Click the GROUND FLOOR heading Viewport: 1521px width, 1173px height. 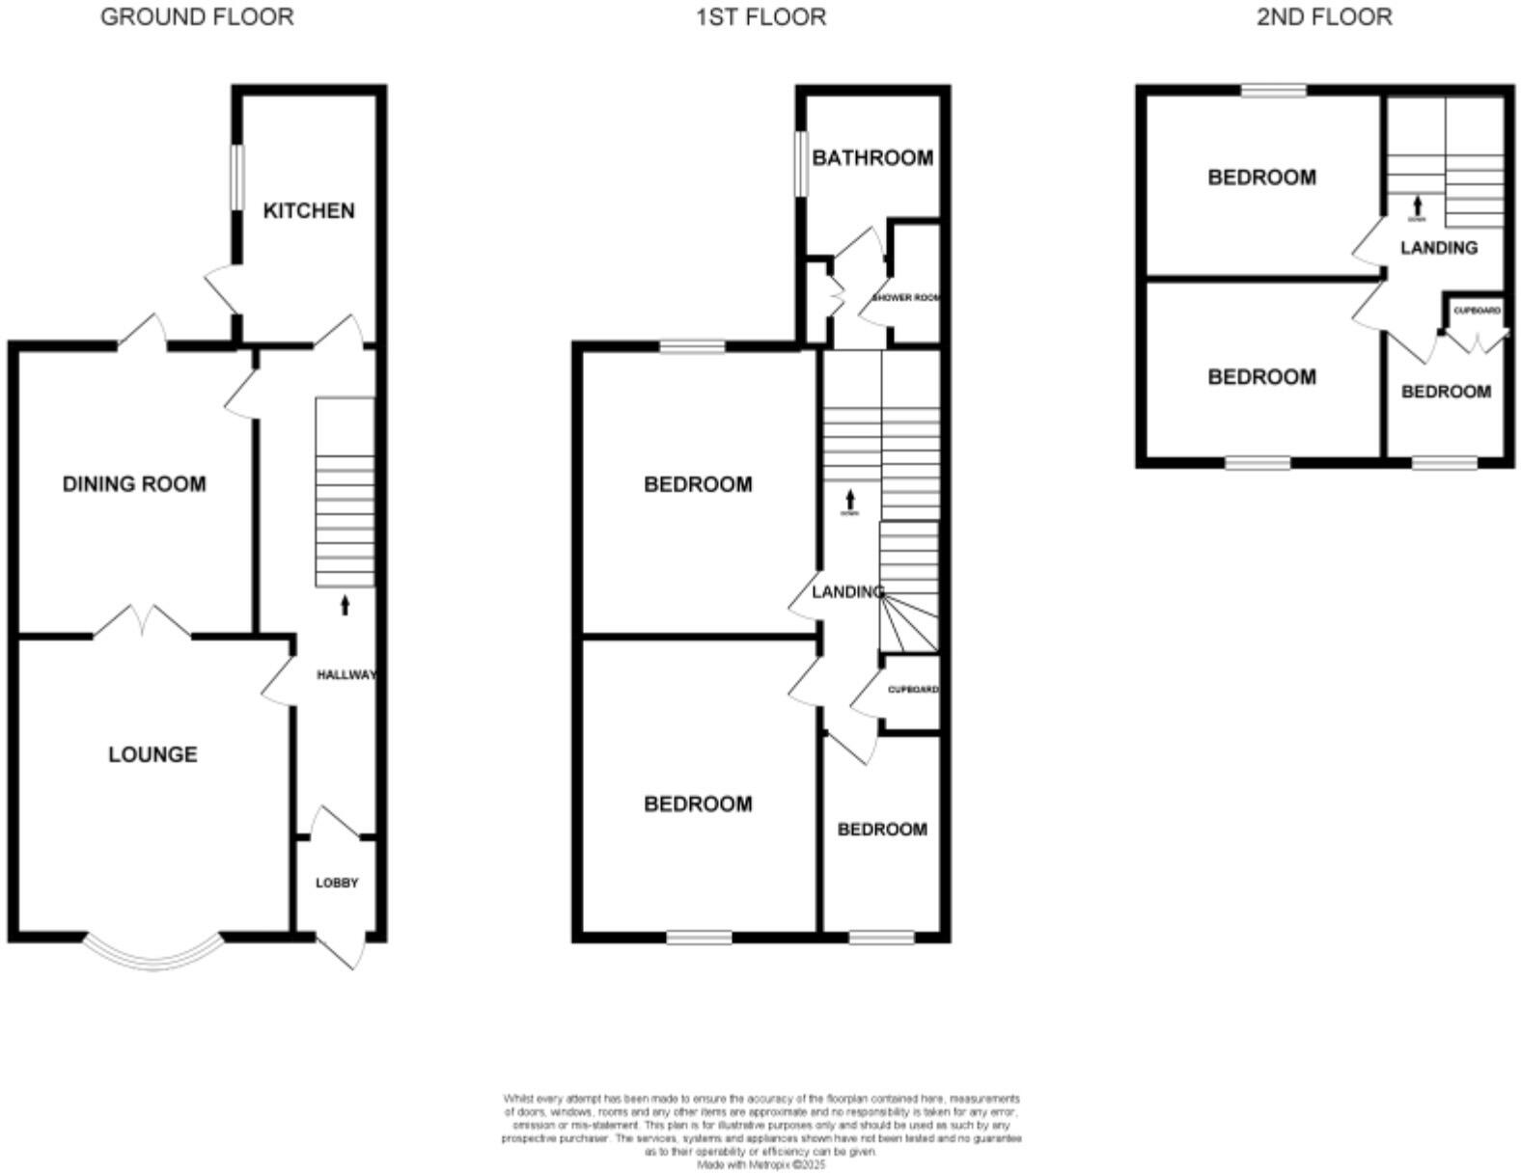coord(197,16)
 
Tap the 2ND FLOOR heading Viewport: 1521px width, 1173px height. coord(1324,16)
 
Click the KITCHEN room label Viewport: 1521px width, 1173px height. coord(309,210)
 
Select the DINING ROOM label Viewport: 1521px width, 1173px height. coord(134,483)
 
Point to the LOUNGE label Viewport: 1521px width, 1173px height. coord(152,754)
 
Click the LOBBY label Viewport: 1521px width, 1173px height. coord(337,883)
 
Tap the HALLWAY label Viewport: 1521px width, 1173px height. coord(346,675)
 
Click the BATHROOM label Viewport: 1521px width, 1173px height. coord(872,157)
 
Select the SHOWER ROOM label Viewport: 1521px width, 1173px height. coord(905,298)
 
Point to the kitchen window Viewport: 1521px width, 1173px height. coord(235,176)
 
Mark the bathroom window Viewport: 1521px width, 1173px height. coord(800,163)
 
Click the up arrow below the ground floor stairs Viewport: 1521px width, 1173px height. coord(346,606)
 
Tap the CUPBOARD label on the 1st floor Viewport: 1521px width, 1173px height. coord(912,690)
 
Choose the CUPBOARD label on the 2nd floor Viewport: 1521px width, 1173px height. coord(1477,311)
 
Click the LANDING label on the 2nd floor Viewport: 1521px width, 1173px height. coord(1439,248)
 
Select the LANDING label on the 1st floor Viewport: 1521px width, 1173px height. coord(846,591)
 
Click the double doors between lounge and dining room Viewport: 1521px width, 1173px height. coord(143,622)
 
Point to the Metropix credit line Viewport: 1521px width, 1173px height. coord(761,1165)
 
